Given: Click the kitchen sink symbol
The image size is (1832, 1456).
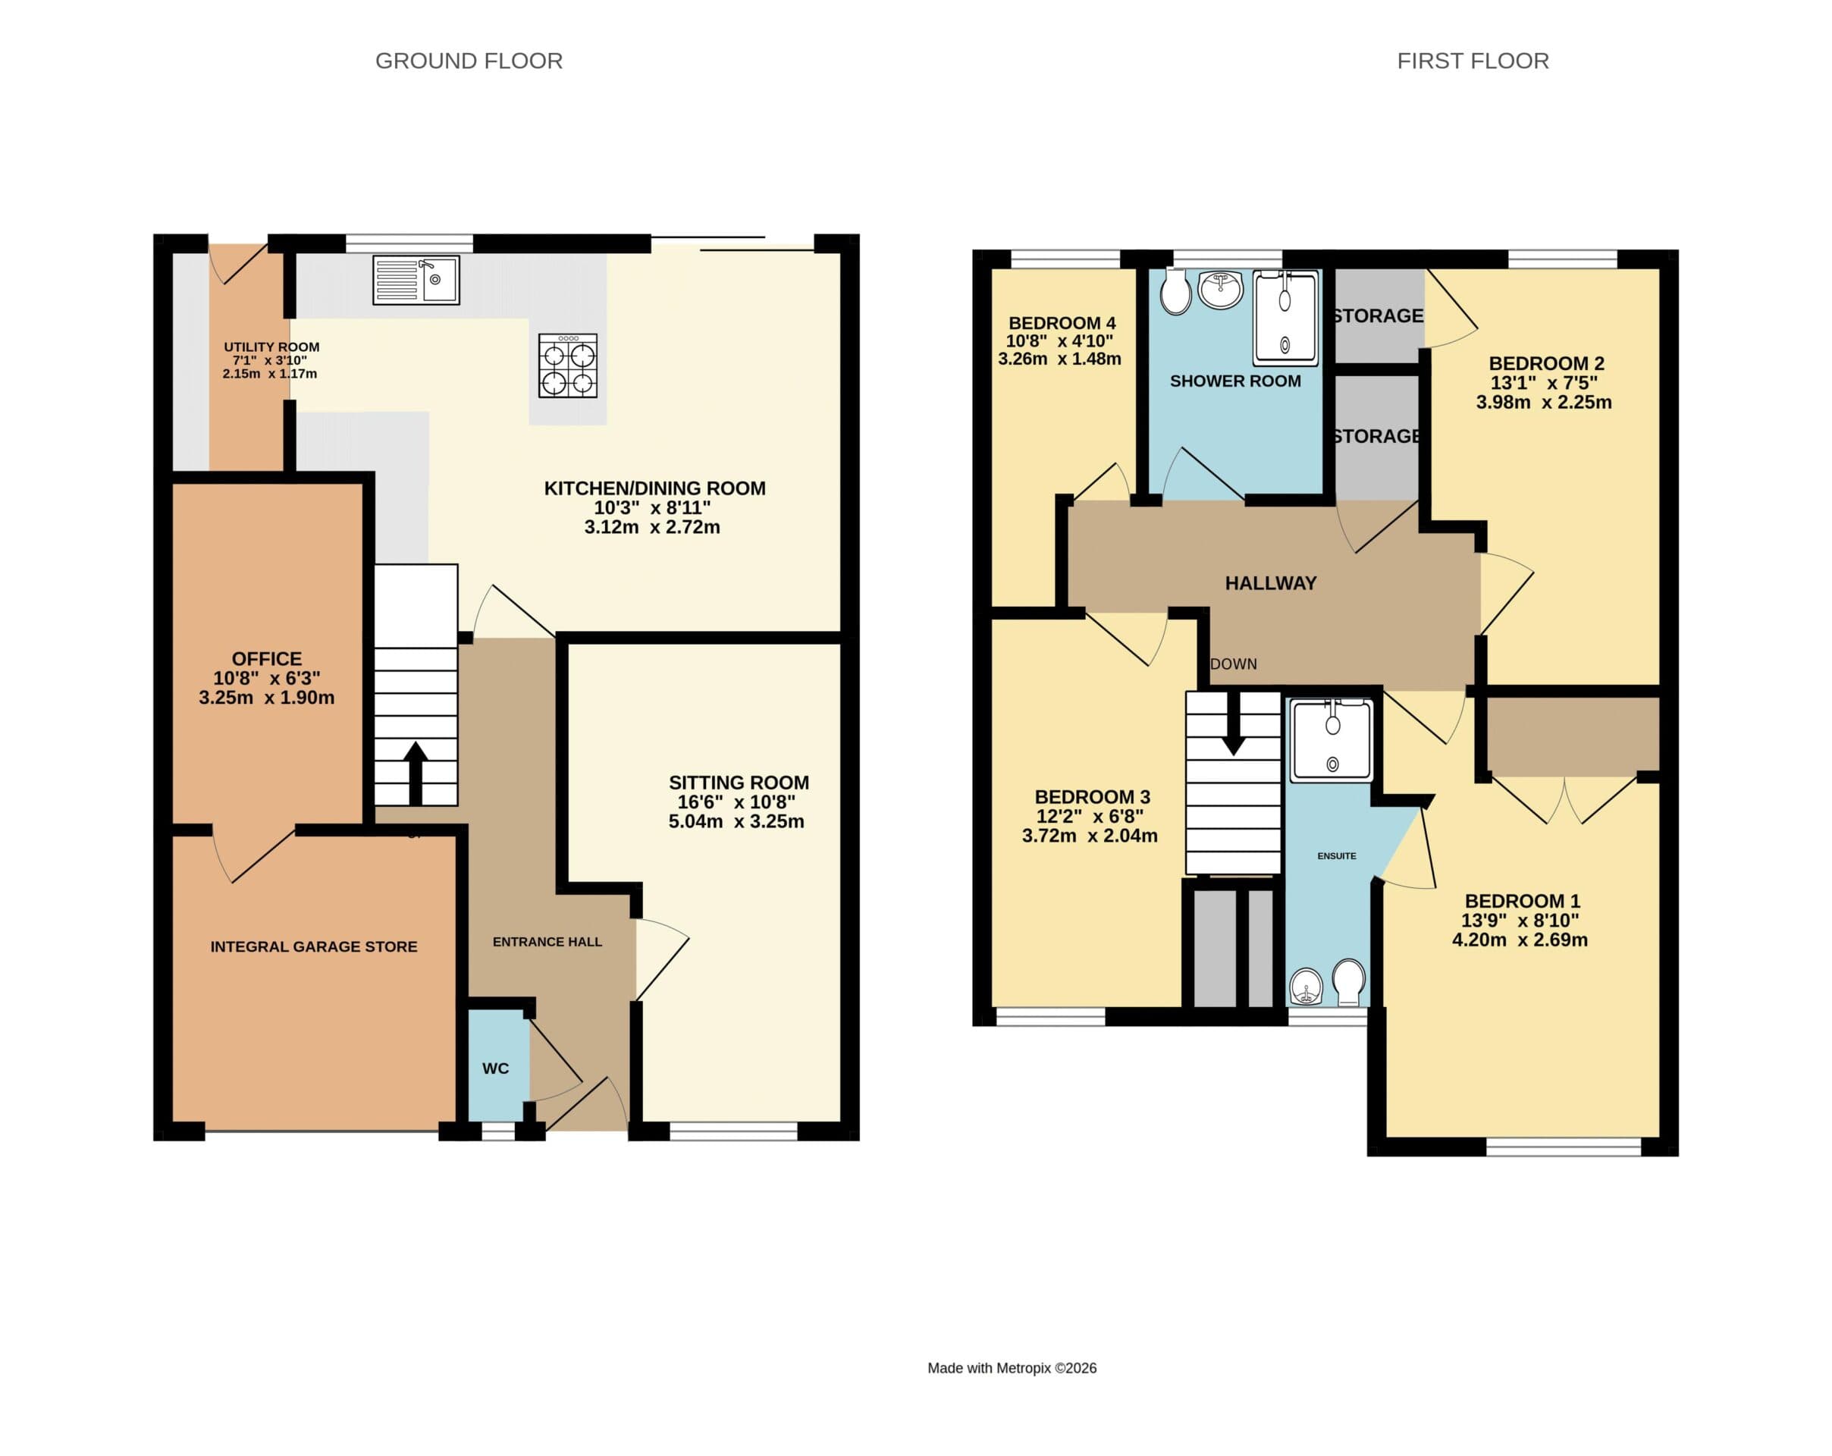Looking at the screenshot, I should [x=416, y=280].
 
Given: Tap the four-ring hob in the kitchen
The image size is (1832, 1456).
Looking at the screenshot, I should [x=568, y=366].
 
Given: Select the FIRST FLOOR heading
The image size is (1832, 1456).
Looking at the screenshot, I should [x=1472, y=61].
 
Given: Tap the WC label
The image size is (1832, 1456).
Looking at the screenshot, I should [x=495, y=1068].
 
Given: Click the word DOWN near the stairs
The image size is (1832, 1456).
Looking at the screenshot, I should [x=1233, y=664].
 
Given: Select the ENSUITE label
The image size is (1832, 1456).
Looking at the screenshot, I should [x=1336, y=856].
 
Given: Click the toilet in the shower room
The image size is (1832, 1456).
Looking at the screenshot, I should [x=1176, y=291].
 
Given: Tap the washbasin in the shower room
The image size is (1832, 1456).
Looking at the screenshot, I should [x=1220, y=289].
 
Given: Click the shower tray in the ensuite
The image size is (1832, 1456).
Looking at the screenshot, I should [x=1331, y=740].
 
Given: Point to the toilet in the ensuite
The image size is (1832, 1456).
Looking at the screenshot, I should [x=1348, y=980].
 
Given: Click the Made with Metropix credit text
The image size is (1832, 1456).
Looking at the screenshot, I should [x=1012, y=1367].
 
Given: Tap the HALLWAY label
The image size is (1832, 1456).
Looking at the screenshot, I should [x=1270, y=583].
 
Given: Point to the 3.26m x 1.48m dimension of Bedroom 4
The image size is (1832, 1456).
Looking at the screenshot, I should [x=1059, y=359].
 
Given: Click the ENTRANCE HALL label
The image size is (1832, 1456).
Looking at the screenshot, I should [x=547, y=942].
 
